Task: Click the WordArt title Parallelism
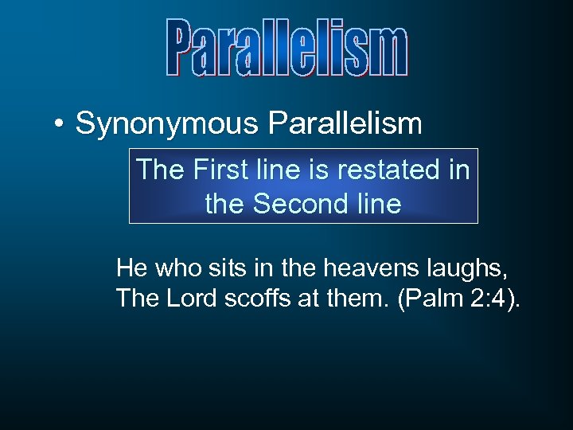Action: coord(286,49)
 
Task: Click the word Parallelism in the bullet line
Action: coord(345,123)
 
